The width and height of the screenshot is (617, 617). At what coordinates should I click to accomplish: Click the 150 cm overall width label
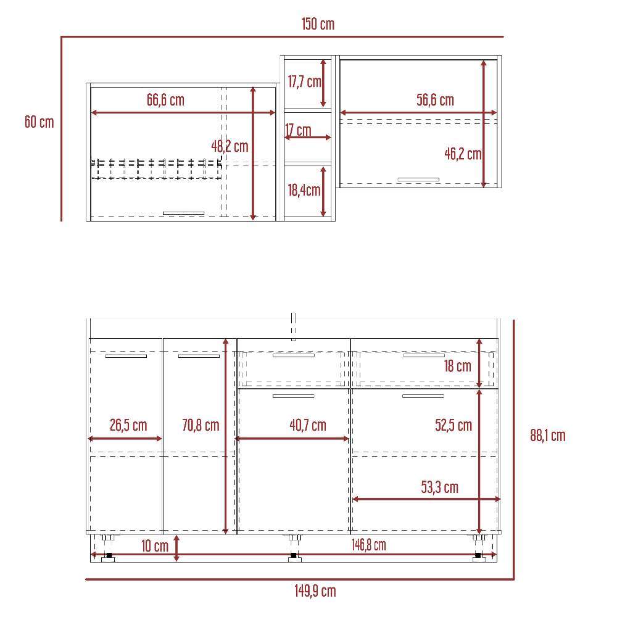coord(318,24)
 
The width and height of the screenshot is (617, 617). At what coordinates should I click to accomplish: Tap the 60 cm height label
coord(39,122)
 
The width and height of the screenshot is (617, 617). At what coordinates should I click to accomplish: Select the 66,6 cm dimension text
coord(165,100)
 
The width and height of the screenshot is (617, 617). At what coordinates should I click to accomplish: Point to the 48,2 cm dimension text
coord(230,146)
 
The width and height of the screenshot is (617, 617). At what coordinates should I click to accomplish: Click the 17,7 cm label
coord(305,82)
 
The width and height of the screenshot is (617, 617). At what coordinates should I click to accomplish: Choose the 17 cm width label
coord(298,130)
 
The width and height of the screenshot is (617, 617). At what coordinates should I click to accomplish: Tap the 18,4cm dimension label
coord(304,191)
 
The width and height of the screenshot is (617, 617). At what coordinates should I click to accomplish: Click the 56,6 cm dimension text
coord(435,100)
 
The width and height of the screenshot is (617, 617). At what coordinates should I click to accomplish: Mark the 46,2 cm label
coord(463,154)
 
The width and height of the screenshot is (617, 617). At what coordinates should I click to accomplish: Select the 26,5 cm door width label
coord(128,425)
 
